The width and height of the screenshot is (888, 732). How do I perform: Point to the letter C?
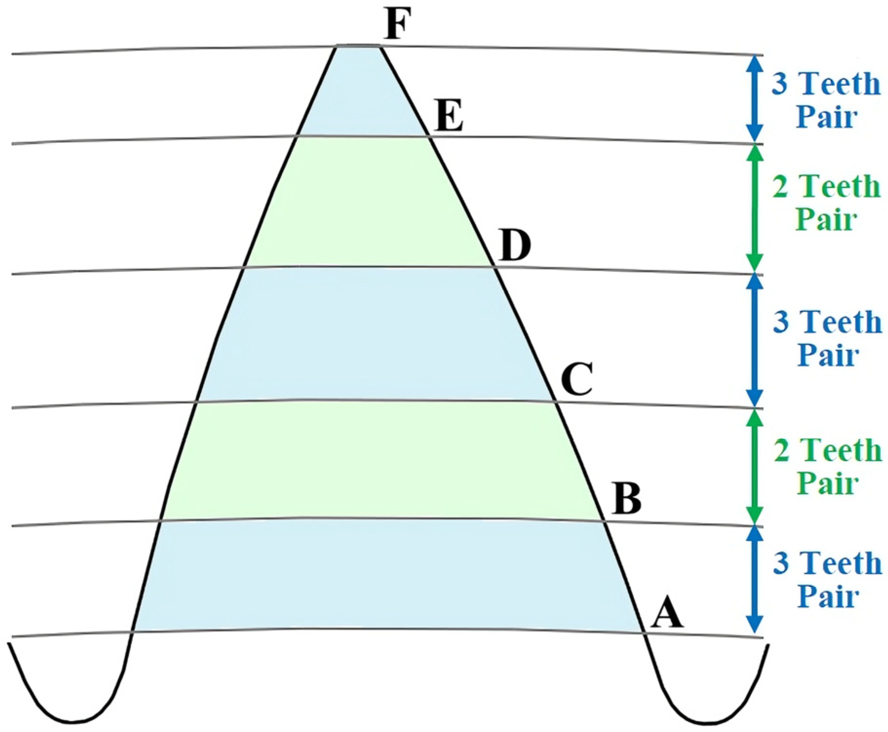coord(577,379)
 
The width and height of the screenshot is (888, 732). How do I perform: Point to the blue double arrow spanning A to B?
coord(754,580)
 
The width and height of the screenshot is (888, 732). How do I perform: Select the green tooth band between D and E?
coord(366,202)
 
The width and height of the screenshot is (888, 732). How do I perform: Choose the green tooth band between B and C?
coord(380,461)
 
